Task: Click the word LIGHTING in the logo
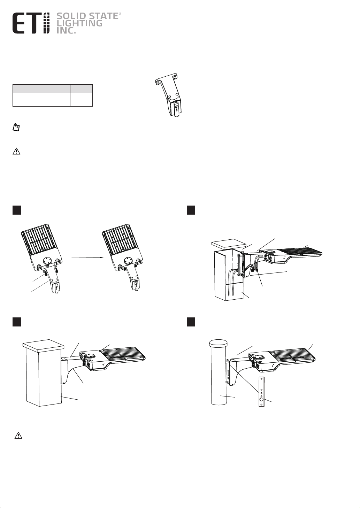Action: (x=79, y=23)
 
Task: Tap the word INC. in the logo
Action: (x=66, y=31)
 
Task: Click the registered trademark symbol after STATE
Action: (x=120, y=14)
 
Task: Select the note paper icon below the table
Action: (x=16, y=127)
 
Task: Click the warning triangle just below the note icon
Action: (x=16, y=151)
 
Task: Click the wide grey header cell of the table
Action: (x=41, y=88)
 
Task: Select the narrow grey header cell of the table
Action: (x=82, y=88)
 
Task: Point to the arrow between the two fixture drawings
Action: (x=87, y=257)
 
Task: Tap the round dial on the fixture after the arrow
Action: (x=128, y=260)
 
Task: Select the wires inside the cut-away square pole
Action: (x=232, y=284)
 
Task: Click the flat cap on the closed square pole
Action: (x=44, y=345)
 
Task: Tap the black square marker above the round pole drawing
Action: (x=191, y=322)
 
